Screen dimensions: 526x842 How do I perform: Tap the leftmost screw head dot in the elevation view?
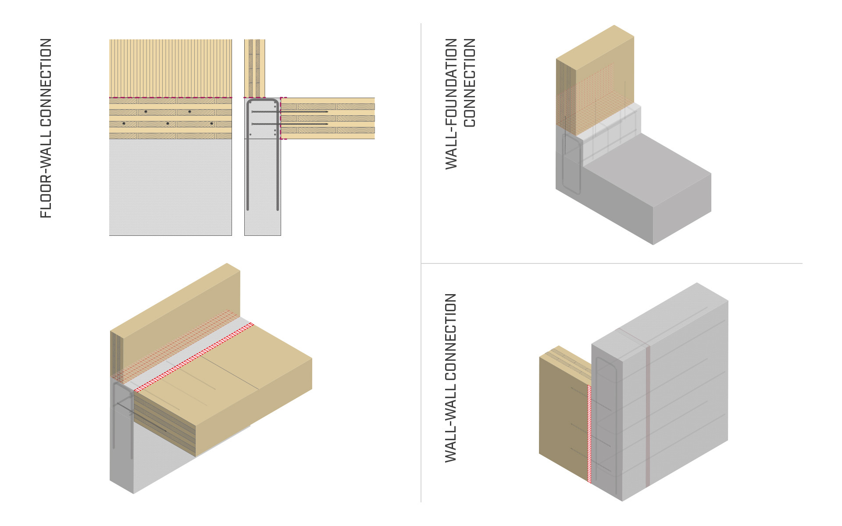[x=124, y=124]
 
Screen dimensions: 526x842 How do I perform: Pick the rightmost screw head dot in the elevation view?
[x=212, y=124]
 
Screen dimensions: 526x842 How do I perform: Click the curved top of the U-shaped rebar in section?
[x=262, y=101]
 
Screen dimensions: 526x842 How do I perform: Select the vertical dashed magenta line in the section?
[x=281, y=118]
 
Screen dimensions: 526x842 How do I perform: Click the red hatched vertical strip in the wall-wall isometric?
[x=589, y=434]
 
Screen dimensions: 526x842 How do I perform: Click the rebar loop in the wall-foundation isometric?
[x=572, y=167]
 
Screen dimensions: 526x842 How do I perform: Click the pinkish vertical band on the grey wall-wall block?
[x=648, y=416]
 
